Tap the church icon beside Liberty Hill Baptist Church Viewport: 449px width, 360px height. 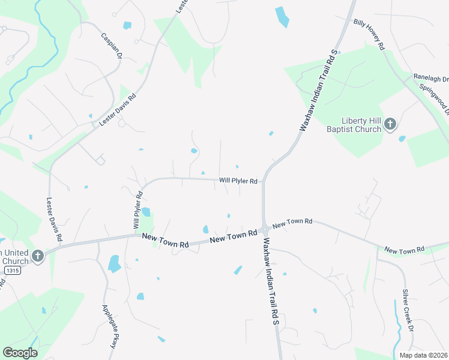click(390, 124)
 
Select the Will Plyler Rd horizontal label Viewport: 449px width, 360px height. click(238, 181)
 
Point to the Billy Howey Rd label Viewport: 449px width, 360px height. click(369, 32)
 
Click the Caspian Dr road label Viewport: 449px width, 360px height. click(112, 46)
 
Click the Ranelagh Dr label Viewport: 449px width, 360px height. click(430, 78)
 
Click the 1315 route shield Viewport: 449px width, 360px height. click(12, 271)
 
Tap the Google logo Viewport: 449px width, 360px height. click(20, 352)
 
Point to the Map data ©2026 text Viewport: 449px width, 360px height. click(423, 355)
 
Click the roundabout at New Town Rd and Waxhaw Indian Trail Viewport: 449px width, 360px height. click(264, 229)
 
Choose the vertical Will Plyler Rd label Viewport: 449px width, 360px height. click(137, 210)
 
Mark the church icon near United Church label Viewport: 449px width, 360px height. click(38, 256)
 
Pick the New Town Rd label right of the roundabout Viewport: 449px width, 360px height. click(293, 223)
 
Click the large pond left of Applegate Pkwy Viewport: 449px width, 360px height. click(114, 263)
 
